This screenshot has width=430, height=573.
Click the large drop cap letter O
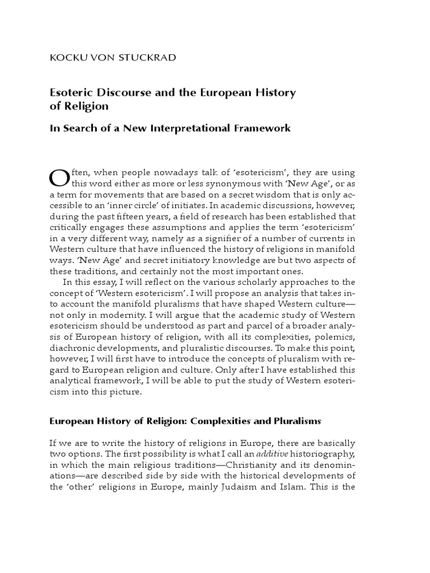(58, 178)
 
